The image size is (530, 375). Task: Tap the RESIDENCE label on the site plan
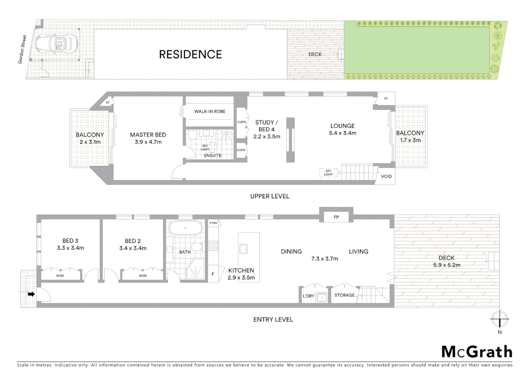(190, 55)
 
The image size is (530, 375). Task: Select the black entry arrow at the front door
(31, 294)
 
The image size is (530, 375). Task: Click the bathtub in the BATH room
(185, 228)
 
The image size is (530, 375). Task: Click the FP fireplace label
(336, 217)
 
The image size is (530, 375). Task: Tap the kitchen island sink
(243, 249)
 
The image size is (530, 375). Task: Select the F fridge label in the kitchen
(213, 274)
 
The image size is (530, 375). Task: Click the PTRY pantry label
(213, 223)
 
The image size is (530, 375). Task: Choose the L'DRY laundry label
(308, 296)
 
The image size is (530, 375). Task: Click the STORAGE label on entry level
(344, 295)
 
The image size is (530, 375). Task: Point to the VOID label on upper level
(386, 176)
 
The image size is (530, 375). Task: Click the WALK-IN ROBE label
(210, 111)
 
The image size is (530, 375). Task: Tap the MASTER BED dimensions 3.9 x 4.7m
(148, 142)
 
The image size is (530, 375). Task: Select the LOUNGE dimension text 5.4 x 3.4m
(342, 133)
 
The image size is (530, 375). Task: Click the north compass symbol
(499, 319)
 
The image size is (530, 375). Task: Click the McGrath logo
(477, 352)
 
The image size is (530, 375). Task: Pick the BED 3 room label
(70, 241)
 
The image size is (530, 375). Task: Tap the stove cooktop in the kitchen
(213, 246)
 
